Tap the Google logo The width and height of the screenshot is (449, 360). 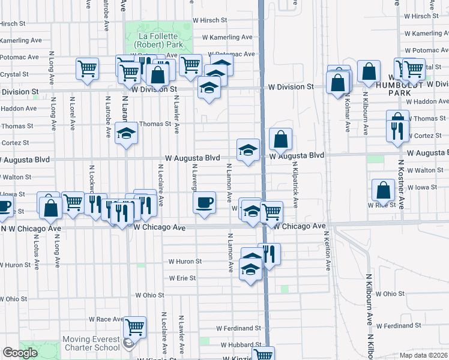(x=20, y=353)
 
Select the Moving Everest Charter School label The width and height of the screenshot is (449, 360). (x=91, y=343)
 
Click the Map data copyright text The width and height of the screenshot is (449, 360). (x=422, y=355)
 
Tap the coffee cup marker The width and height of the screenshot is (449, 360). (x=205, y=202)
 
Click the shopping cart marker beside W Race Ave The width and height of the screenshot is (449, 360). (x=135, y=327)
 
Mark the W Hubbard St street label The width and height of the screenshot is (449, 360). (x=240, y=346)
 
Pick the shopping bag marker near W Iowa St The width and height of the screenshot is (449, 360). (x=383, y=190)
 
